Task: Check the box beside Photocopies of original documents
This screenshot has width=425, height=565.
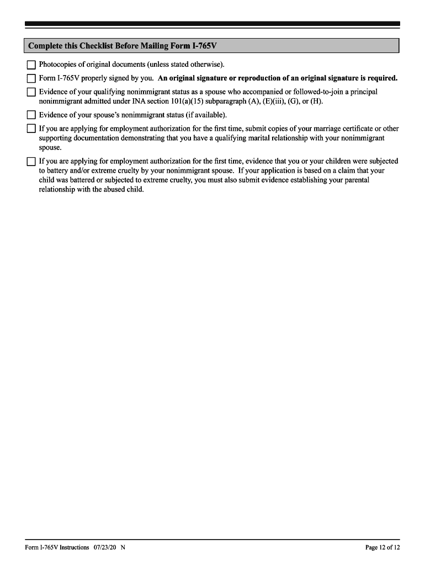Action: [31, 65]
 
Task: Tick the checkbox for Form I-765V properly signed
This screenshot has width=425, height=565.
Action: [31, 78]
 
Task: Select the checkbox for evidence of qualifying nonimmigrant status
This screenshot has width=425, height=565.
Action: [31, 92]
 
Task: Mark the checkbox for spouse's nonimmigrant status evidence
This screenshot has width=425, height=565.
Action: [31, 115]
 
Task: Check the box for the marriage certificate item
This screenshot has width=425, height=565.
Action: [31, 129]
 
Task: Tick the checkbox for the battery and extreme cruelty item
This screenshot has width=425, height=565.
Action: [31, 162]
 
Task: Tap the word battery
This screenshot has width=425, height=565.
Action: [59, 170]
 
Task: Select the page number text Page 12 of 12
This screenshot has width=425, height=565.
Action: [382, 547]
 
